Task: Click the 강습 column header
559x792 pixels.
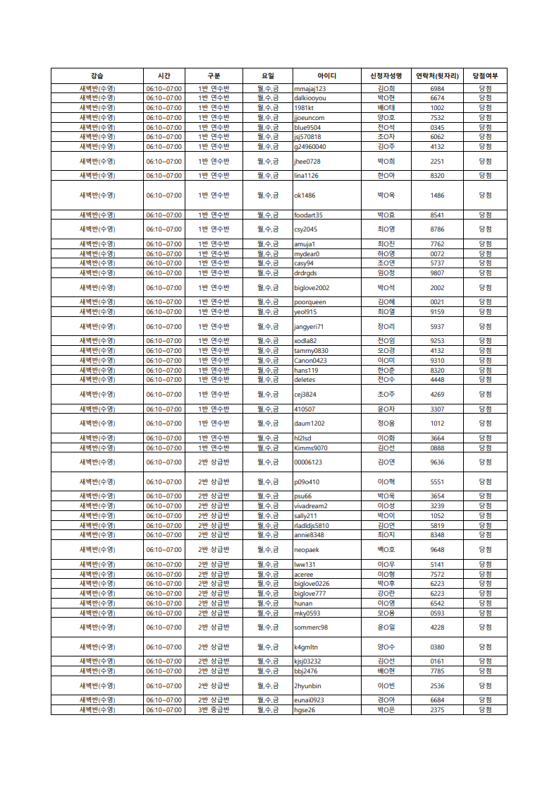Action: (97, 76)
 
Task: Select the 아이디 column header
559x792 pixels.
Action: (326, 76)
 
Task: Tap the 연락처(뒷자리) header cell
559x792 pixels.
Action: (437, 76)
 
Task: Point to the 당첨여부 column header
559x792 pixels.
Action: (485, 76)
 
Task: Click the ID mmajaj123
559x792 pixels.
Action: (310, 89)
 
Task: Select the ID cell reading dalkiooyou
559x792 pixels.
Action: (310, 98)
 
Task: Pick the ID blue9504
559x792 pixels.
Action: (307, 128)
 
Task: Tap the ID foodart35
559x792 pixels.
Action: (308, 215)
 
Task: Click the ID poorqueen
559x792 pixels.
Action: (310, 302)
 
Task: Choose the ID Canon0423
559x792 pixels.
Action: (310, 361)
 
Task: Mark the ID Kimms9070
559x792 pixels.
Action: (310, 448)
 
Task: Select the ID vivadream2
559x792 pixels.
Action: (310, 506)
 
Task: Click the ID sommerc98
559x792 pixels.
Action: (311, 628)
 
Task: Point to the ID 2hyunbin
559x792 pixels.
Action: (307, 686)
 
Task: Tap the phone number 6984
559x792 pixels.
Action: (437, 89)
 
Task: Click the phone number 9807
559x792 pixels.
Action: (437, 273)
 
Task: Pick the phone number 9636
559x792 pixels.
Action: (437, 462)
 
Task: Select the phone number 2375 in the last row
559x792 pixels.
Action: (437, 710)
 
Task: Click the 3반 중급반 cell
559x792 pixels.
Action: (214, 710)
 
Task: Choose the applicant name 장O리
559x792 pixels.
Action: (386, 327)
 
